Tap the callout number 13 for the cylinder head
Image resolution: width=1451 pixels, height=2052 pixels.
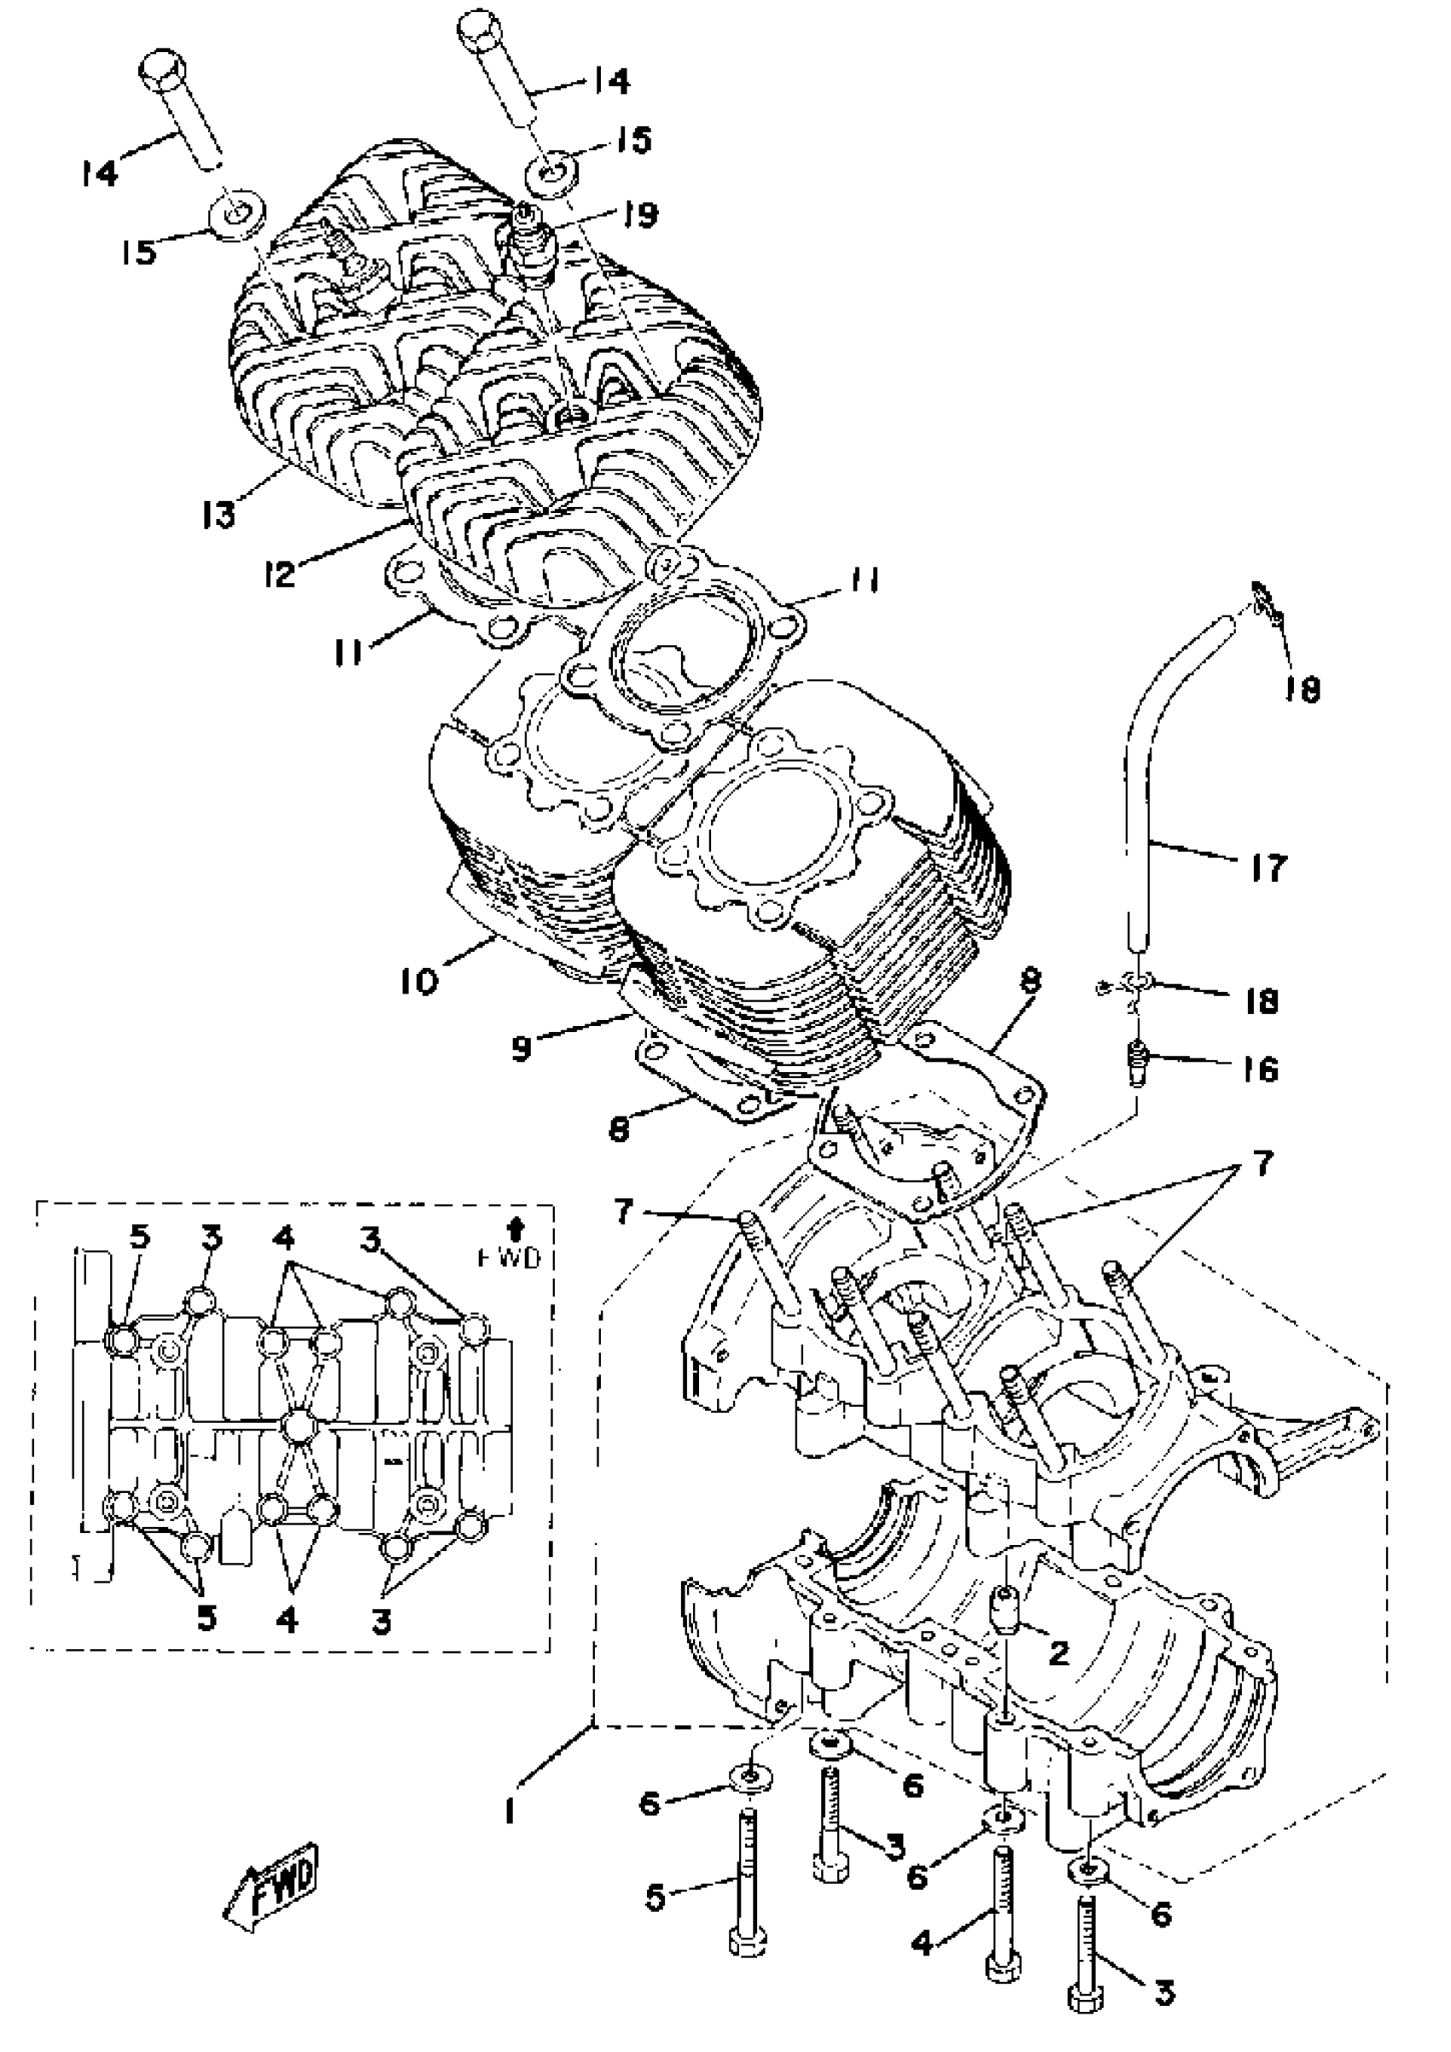click(218, 513)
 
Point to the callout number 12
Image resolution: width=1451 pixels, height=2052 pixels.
click(281, 573)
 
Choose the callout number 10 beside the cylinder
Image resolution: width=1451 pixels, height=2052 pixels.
click(420, 981)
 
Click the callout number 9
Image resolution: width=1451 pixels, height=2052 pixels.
click(522, 1045)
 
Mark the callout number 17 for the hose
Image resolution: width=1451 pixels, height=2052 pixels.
click(1267, 866)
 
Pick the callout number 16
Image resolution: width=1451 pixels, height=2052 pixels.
click(1261, 1068)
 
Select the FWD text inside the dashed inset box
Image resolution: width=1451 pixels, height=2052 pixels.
click(520, 1257)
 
